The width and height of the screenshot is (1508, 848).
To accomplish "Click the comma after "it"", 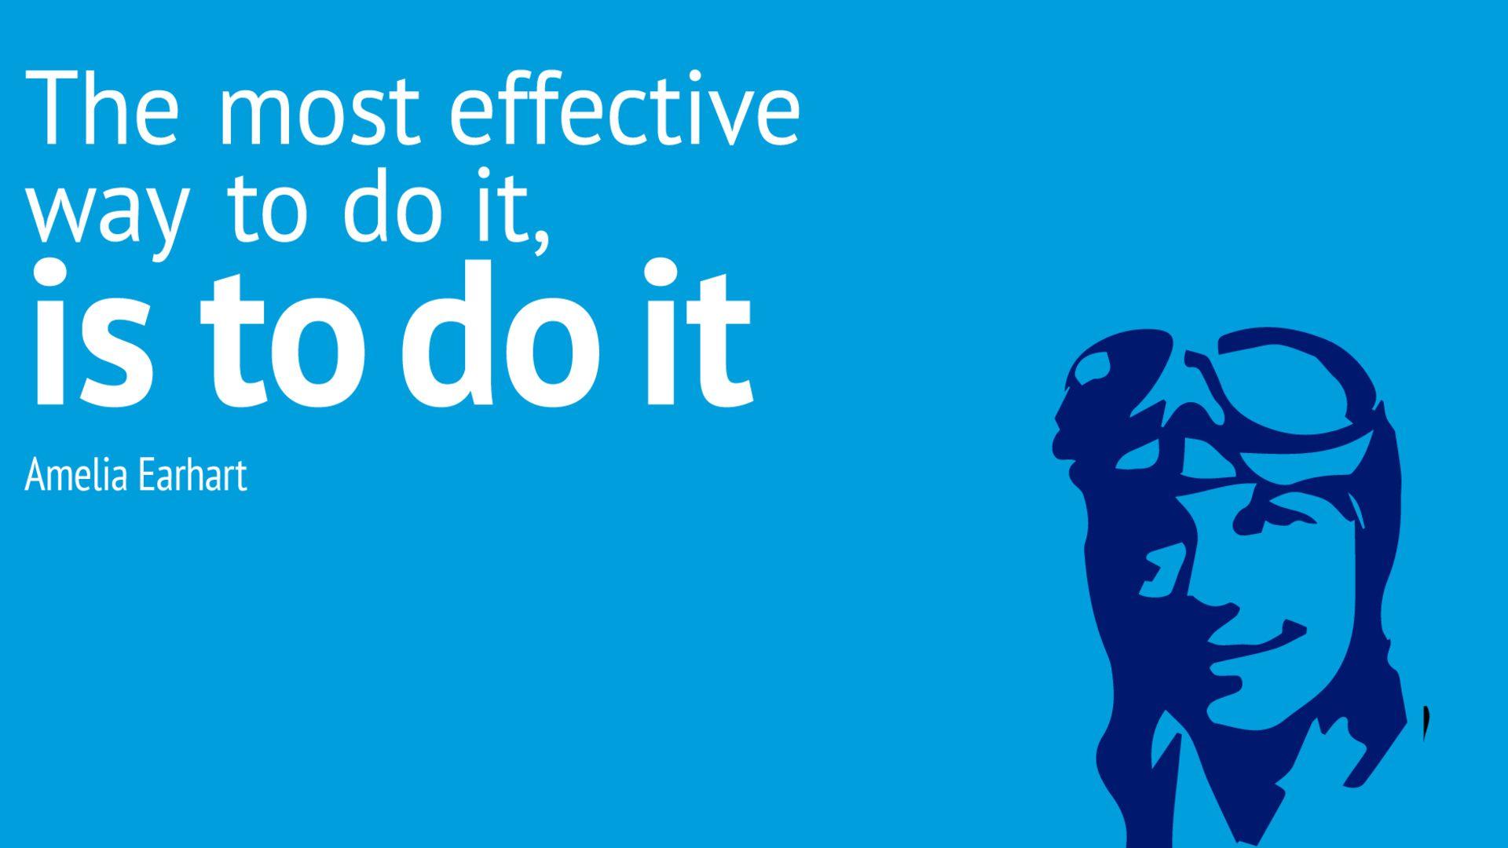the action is [538, 237].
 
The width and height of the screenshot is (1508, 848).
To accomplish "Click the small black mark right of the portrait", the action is [1426, 723].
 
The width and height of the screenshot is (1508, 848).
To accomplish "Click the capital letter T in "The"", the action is [49, 108].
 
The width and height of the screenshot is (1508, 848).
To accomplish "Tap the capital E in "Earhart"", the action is [133, 475].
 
